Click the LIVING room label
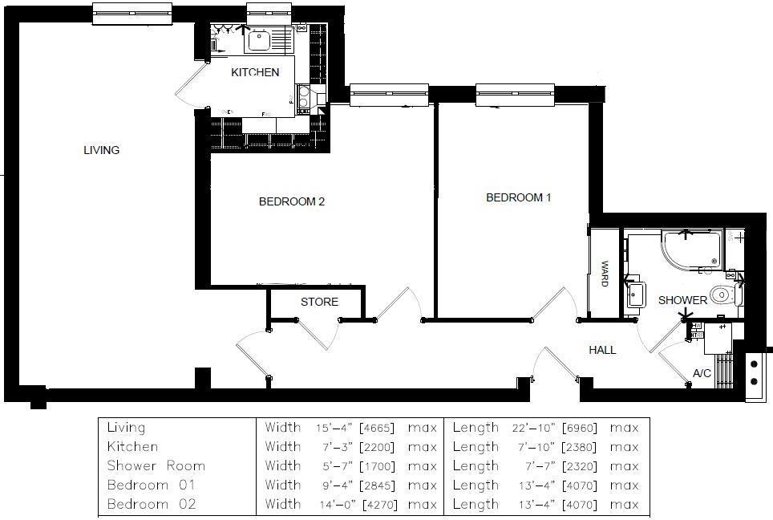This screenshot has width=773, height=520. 101,150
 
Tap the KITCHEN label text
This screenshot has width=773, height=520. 255,72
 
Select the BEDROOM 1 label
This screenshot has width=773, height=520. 518,197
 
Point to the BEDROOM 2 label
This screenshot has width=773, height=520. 291,201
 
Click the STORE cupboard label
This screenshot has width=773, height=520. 319,302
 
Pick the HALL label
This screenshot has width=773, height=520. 602,350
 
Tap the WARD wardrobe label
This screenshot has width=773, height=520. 605,273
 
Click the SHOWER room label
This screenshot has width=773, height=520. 682,300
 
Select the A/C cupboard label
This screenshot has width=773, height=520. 702,374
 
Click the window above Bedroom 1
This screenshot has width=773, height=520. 515,95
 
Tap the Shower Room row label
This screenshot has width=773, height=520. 156,466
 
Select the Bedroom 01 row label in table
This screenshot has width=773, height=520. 151,485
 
